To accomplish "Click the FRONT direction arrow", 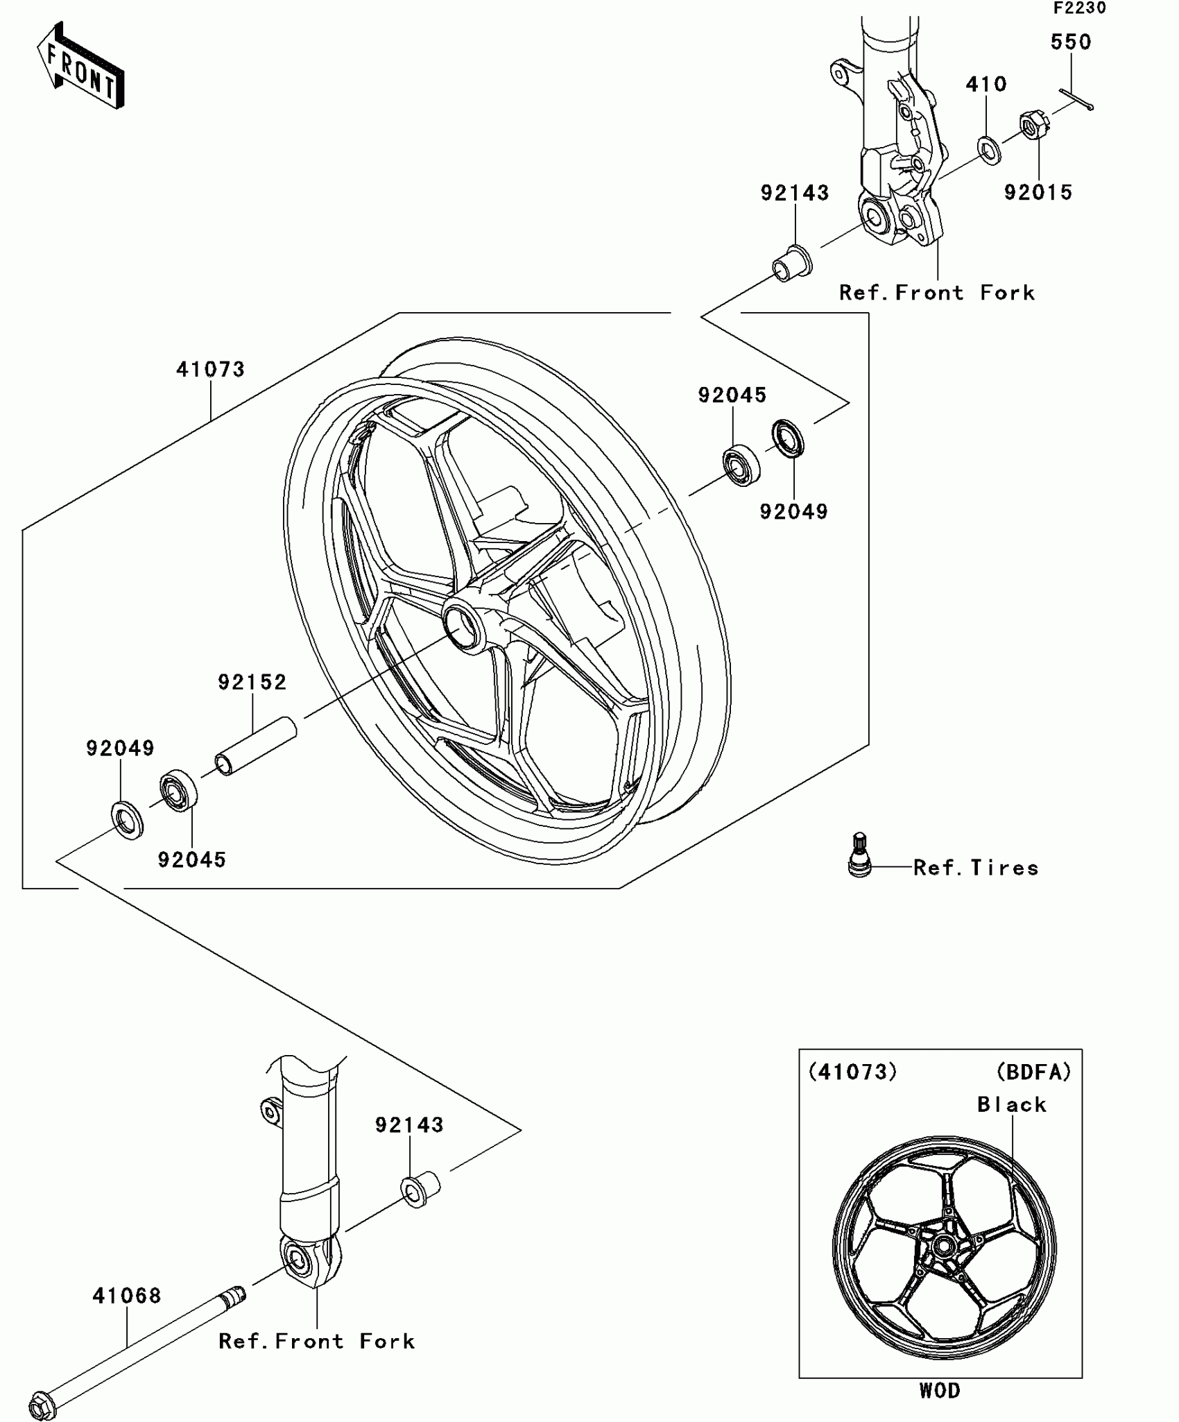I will tap(80, 66).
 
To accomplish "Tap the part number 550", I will tap(1071, 42).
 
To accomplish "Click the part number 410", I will tap(986, 85).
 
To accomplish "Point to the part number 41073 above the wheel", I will tap(211, 370).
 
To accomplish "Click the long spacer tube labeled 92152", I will tap(255, 746).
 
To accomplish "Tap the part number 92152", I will tap(252, 683).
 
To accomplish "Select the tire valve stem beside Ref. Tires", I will tap(859, 855).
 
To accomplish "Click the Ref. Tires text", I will tap(976, 868).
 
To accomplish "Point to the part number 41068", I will tap(127, 1296).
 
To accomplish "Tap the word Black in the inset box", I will tap(1012, 1104).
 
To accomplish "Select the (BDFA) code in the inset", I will tap(1034, 1072).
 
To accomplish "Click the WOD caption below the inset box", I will tap(940, 1391).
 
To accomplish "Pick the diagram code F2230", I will tap(1080, 8).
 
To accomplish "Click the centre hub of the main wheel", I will tap(463, 625).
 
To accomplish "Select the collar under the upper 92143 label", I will tap(792, 264).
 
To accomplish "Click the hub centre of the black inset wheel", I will tap(943, 1247).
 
